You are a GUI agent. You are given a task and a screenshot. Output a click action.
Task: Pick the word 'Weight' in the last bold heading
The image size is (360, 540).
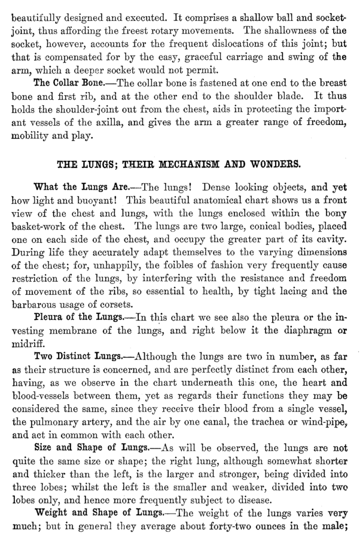[51, 513]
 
